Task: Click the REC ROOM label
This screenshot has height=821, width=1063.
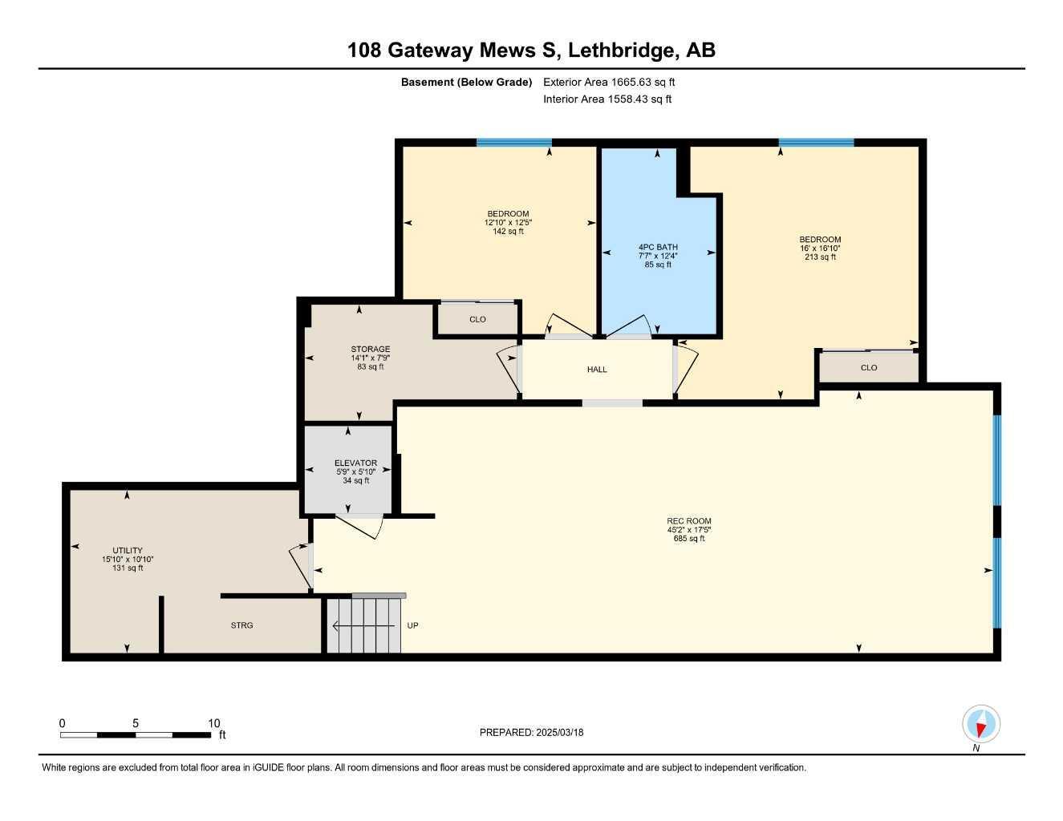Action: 688,521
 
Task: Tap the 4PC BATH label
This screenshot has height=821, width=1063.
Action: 658,247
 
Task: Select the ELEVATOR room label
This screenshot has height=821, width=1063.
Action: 355,463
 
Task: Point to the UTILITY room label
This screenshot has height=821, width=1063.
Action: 128,551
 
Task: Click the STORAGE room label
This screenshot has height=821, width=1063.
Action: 370,350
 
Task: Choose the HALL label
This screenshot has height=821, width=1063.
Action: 597,370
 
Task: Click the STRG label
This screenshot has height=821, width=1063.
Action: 241,625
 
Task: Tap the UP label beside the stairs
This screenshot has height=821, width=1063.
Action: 413,625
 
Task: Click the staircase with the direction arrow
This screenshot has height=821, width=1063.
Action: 364,625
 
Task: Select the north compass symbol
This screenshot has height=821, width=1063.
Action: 980,724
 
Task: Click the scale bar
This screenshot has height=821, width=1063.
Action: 136,734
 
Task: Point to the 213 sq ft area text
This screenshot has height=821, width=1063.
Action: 820,257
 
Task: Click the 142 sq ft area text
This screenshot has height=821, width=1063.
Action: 507,232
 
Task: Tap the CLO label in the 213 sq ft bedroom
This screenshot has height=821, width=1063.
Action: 869,368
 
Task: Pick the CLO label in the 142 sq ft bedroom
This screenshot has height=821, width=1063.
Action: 477,319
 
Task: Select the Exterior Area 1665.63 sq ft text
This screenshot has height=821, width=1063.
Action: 609,82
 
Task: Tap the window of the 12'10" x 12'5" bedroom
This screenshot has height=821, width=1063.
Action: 513,143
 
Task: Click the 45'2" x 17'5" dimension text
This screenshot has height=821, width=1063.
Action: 688,530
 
